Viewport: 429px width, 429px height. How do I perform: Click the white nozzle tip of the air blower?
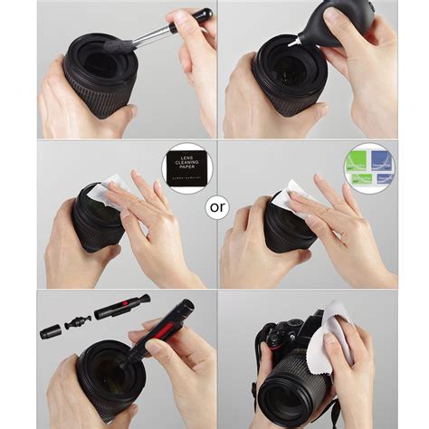pyautogui.click(x=291, y=42)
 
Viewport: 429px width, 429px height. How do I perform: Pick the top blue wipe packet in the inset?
pyautogui.click(x=380, y=160)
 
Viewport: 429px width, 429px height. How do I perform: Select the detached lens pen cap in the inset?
pyautogui.click(x=50, y=332)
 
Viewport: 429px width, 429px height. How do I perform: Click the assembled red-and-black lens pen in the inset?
pyautogui.click(x=116, y=312)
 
